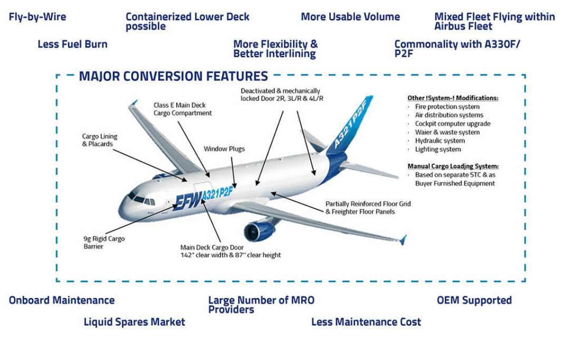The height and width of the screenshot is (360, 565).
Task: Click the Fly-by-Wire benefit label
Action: [x=37, y=17]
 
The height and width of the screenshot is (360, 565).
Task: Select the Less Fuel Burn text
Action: [x=72, y=44]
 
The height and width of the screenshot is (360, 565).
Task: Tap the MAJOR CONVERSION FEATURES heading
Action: [x=174, y=76]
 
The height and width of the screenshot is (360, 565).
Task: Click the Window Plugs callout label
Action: [x=224, y=149]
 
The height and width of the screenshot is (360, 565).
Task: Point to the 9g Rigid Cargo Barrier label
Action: [x=104, y=242]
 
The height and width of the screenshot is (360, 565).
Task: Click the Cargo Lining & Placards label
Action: [x=100, y=140]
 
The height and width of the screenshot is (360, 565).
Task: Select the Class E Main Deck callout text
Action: [x=183, y=109]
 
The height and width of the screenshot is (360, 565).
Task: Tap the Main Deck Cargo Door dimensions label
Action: [x=231, y=251]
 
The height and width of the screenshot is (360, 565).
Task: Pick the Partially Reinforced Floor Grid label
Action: [x=368, y=208]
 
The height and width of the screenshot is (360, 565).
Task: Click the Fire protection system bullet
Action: [x=447, y=107]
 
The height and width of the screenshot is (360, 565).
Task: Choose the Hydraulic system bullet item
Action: [x=439, y=141]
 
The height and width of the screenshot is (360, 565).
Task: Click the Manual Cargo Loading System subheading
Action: [x=453, y=166]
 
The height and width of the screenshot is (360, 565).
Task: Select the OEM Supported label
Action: [x=474, y=300]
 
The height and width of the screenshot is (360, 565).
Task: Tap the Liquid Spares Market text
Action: [x=135, y=322]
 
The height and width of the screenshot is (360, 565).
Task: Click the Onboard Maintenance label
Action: [x=62, y=300]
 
